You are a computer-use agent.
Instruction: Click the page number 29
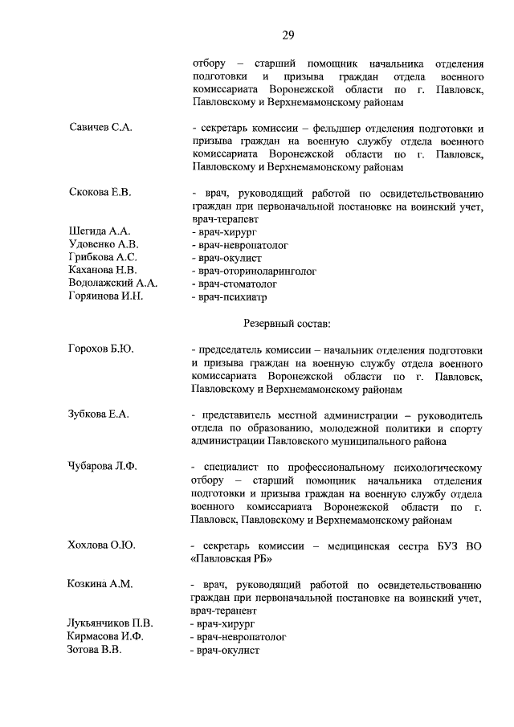(288, 35)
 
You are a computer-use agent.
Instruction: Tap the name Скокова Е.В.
(100, 192)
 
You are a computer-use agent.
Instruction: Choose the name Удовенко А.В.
(104, 244)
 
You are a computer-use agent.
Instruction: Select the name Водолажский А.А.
(113, 284)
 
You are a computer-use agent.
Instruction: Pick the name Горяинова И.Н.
(106, 296)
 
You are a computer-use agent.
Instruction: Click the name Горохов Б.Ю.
(100, 349)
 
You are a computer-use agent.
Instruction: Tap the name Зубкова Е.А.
(99, 415)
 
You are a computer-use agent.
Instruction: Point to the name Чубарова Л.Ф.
(104, 467)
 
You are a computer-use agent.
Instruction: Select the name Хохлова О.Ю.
(102, 545)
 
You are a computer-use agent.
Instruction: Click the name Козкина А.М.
(100, 584)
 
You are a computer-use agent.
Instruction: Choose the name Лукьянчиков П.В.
(111, 623)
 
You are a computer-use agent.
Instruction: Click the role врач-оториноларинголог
(252, 271)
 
